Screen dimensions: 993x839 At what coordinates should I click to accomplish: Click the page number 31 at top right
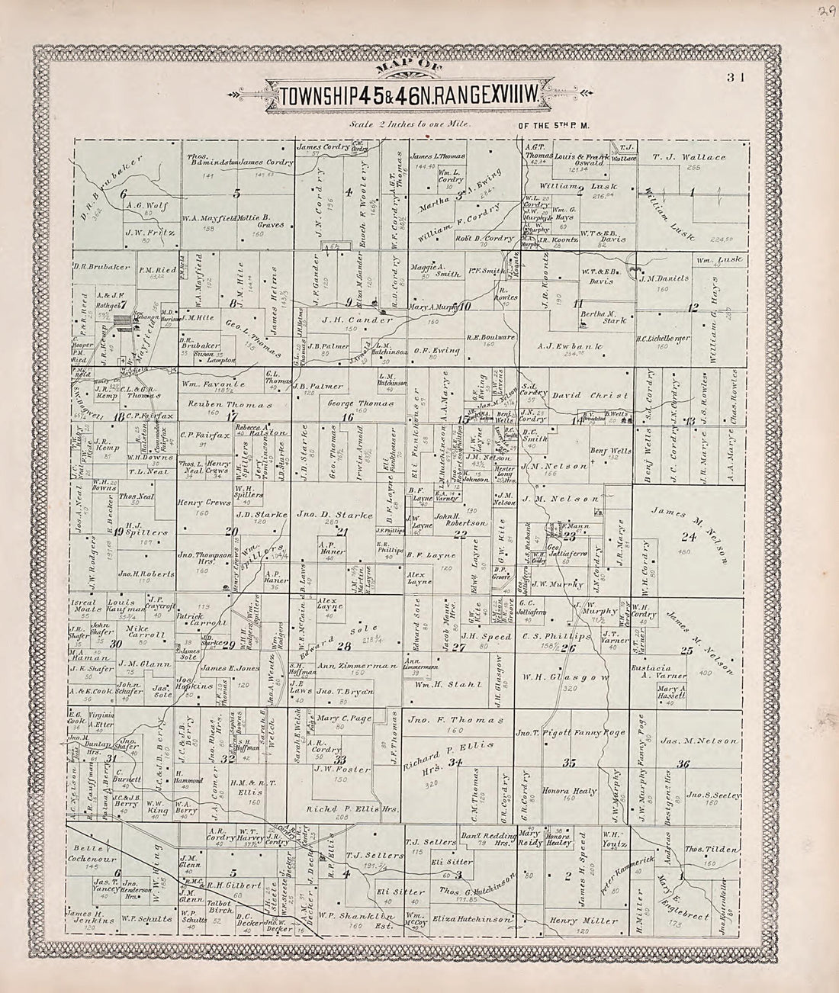pos(735,76)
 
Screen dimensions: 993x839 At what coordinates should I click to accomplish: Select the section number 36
pos(683,764)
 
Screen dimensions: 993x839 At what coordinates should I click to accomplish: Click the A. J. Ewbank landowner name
pos(571,346)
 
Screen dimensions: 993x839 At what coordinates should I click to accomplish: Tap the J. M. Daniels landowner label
pos(664,279)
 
